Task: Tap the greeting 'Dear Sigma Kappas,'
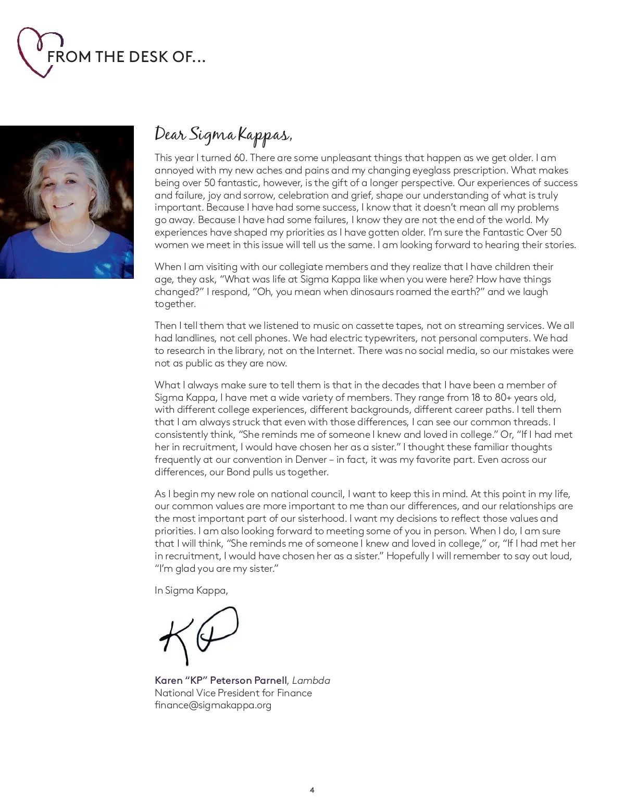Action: (x=223, y=134)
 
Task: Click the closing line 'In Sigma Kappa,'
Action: (x=191, y=590)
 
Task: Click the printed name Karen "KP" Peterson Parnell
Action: (x=220, y=681)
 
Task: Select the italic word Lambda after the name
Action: (x=311, y=681)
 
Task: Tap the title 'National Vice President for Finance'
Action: (x=233, y=693)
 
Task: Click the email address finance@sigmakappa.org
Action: (x=213, y=706)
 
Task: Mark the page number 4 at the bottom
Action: (x=312, y=790)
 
